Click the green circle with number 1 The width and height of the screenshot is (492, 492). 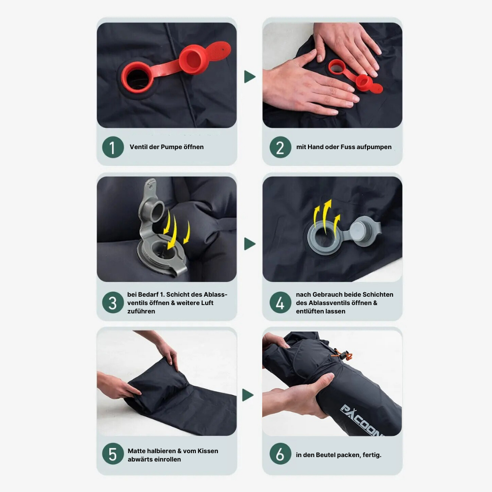point(113,147)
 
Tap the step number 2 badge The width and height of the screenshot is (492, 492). point(280,147)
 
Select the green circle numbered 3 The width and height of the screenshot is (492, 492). point(113,303)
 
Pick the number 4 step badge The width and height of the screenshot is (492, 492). point(280,303)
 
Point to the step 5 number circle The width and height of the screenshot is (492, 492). point(113,454)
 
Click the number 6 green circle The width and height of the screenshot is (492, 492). point(280,454)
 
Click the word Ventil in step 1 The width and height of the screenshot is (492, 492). point(138,147)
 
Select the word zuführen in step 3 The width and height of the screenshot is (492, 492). point(141,311)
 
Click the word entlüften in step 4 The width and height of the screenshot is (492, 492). point(309,311)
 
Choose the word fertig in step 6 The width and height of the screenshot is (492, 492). point(372,455)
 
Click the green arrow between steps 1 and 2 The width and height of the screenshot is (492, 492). point(249,77)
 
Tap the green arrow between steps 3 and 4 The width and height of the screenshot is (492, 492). point(249,244)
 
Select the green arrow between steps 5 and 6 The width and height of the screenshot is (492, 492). point(247,395)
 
